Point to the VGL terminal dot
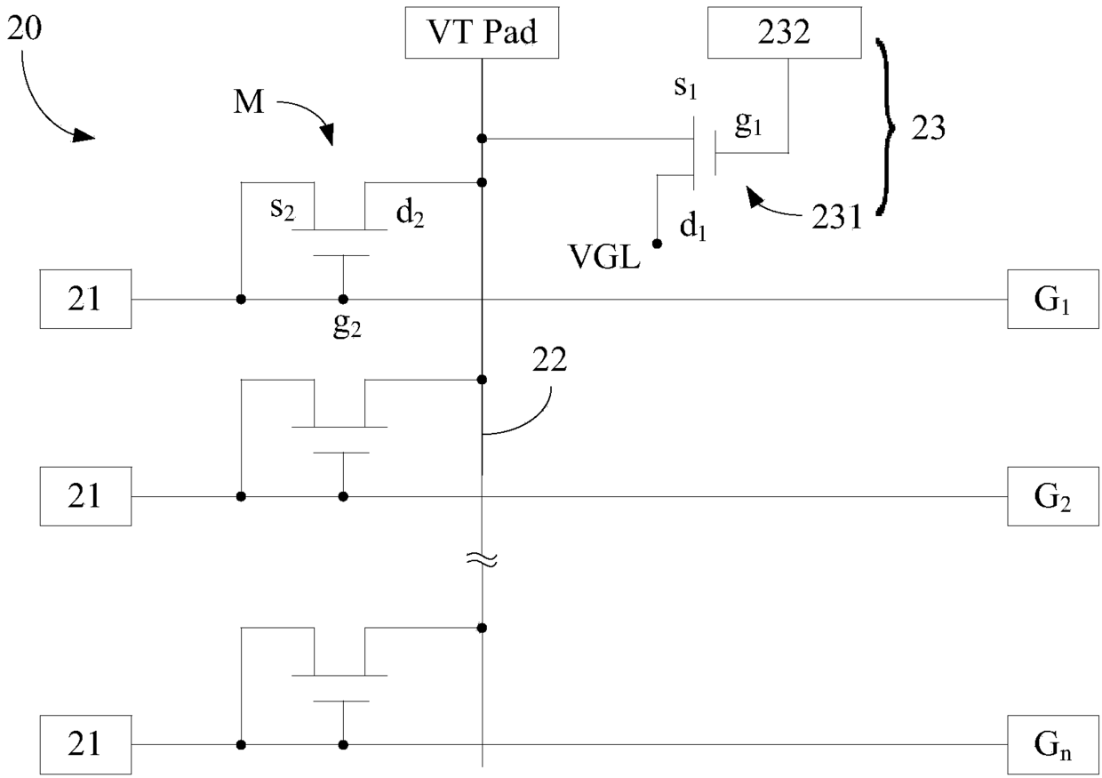click(657, 244)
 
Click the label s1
click(685, 88)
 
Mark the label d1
click(692, 227)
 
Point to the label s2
click(283, 210)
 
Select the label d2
click(410, 214)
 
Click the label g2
click(347, 325)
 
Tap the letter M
click(249, 103)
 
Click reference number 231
click(837, 217)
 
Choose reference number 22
click(549, 360)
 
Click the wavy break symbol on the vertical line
click(482, 559)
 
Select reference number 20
click(25, 28)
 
